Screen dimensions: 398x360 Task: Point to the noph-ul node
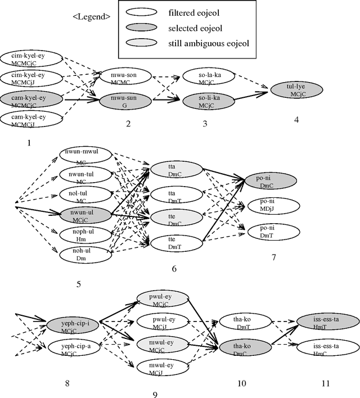pos(86,234)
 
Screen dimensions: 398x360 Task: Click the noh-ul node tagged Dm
pos(86,254)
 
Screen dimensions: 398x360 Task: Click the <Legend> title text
pos(92,16)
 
